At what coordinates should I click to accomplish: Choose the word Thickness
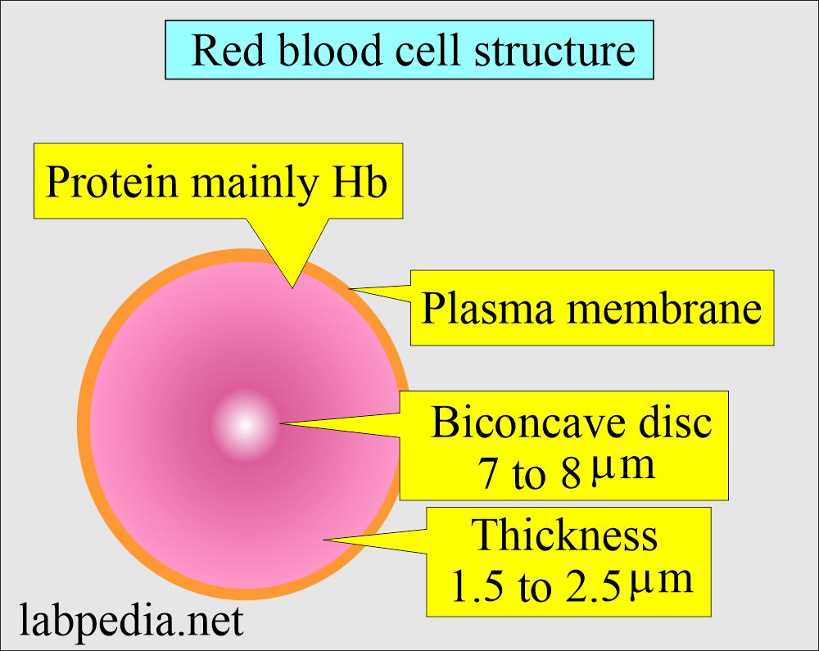tap(565, 536)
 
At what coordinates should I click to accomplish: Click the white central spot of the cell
tap(245, 425)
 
